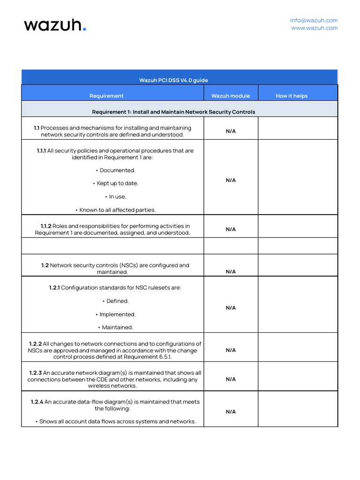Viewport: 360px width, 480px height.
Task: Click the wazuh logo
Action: (55, 25)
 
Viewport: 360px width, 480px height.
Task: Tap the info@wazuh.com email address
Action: (314, 21)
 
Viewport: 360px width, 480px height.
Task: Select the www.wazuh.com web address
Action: (314, 28)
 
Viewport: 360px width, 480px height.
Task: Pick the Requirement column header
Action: (106, 96)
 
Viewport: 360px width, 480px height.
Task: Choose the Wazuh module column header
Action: (231, 96)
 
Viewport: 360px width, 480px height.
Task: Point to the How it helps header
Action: (292, 96)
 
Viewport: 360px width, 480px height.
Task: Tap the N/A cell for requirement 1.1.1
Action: (231, 180)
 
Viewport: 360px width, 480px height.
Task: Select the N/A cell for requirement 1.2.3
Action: (231, 379)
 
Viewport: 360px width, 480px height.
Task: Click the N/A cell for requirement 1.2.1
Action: (231, 308)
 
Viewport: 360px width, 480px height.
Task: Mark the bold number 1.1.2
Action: (46, 226)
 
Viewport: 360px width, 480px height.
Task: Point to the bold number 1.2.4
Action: (37, 402)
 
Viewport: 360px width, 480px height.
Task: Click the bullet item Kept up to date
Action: (117, 183)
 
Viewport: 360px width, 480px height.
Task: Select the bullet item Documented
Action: (117, 170)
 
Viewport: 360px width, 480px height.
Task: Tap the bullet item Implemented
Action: (117, 315)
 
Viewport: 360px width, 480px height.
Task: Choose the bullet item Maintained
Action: (117, 327)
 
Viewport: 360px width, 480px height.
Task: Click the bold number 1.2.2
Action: (36, 344)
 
